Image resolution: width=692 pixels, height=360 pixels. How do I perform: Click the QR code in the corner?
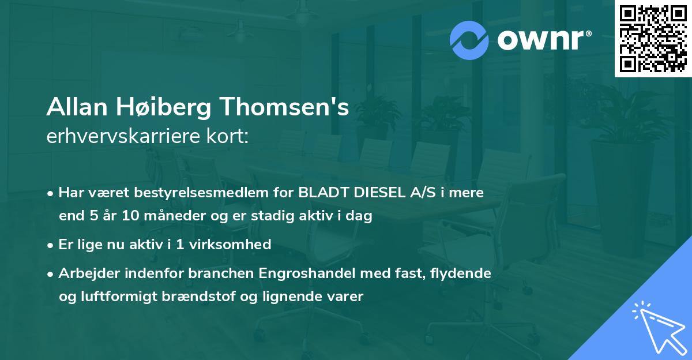[x=652, y=39]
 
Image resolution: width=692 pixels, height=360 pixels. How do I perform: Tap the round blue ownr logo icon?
[x=469, y=40]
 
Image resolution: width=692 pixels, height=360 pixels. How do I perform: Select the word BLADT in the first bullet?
[x=319, y=193]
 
